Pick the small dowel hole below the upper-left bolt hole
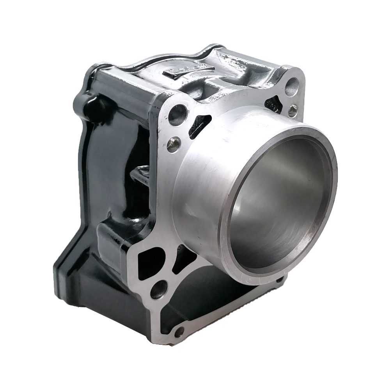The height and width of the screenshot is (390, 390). tap(173, 144)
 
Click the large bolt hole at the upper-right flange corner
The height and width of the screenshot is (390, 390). tap(292, 87)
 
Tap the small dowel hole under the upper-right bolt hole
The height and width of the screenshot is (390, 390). tap(292, 110)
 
